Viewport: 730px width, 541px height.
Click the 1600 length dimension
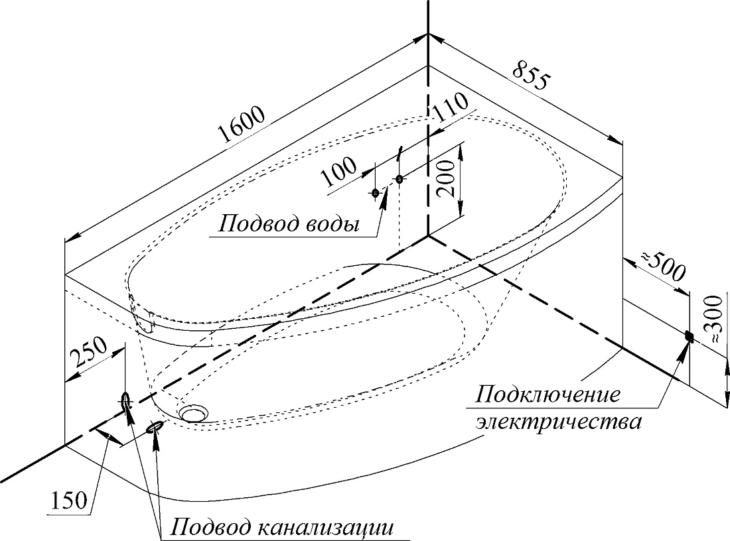242,124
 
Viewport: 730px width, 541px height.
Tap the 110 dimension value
449,106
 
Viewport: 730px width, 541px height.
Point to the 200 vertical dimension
446,178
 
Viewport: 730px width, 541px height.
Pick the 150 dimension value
68,500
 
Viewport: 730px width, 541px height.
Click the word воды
332,225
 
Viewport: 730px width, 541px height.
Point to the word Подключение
548,395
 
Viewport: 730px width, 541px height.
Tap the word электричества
557,422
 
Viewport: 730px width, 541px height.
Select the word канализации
325,528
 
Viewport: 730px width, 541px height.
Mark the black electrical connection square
690,336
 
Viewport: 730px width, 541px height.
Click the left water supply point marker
376,193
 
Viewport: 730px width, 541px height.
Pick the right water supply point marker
399,178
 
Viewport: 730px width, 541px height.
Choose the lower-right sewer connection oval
155,426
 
